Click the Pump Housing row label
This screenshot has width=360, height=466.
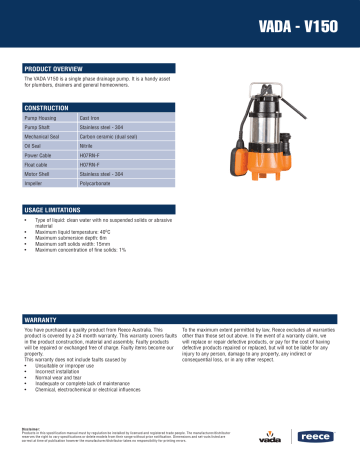pyautogui.click(x=41, y=118)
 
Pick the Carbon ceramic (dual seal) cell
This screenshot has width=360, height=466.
pyautogui.click(x=109, y=137)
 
